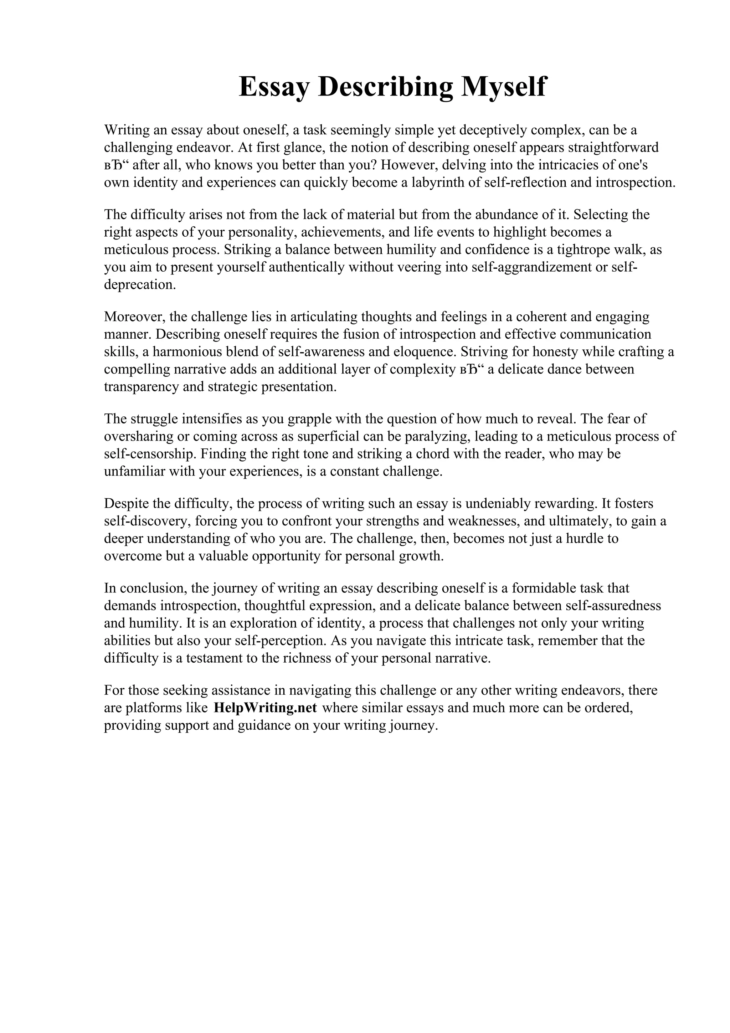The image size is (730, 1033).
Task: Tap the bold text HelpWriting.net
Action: [265, 708]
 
